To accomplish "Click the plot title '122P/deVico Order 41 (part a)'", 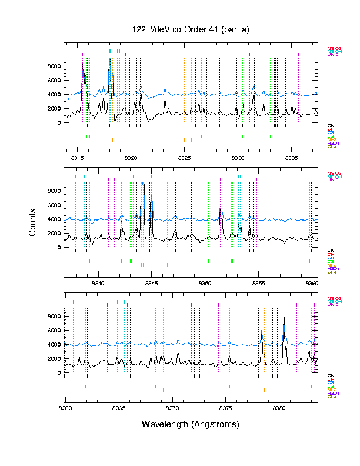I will (191, 29).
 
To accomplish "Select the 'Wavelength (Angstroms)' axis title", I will (191, 424).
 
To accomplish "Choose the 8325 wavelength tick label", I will (184, 158).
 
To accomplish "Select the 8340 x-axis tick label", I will (98, 283).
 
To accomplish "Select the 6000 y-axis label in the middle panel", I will (54, 205).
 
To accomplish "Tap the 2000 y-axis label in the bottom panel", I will (54, 358).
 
